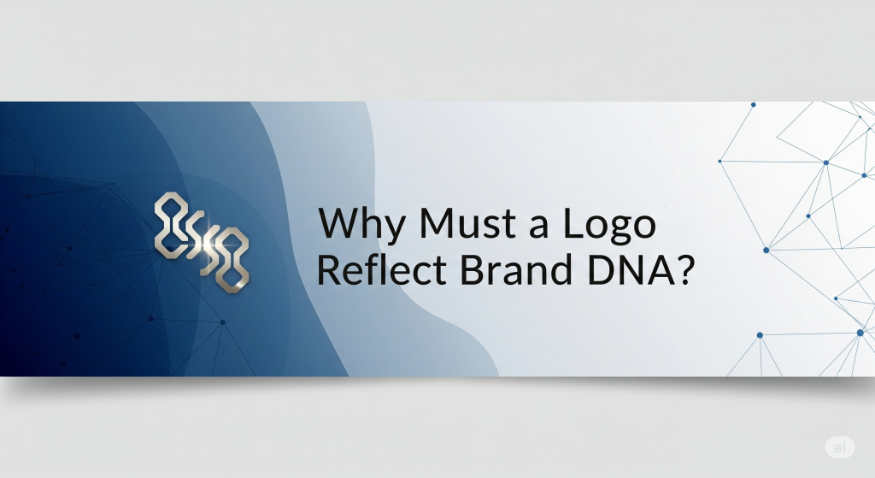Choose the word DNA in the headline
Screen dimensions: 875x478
click(x=628, y=269)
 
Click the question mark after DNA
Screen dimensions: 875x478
click(x=684, y=269)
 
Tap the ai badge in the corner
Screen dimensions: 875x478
click(x=840, y=446)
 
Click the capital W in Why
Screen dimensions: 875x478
click(x=344, y=222)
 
